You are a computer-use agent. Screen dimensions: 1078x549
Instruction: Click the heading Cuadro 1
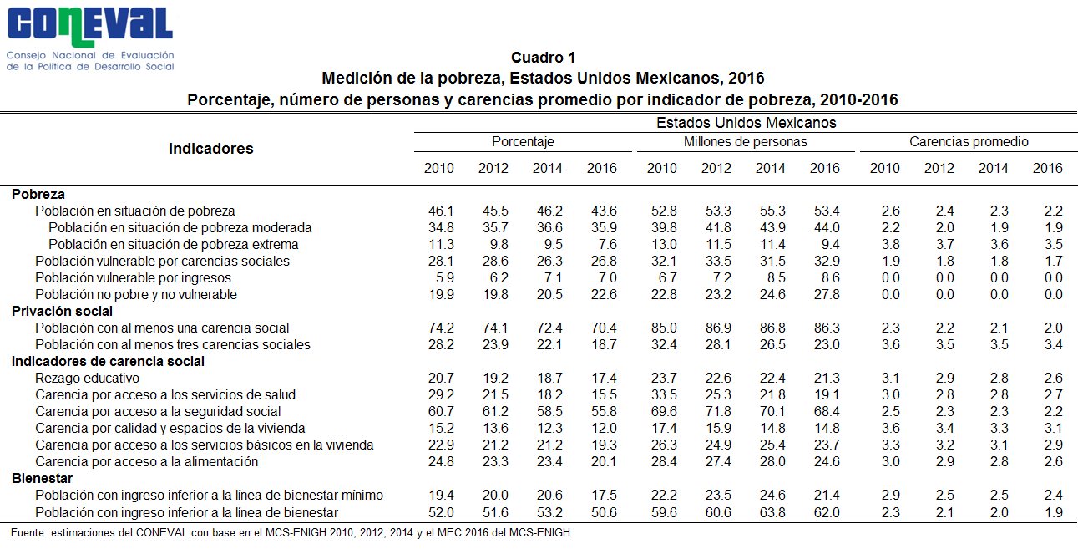[x=543, y=58]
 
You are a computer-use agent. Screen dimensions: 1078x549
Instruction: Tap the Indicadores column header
[x=210, y=149]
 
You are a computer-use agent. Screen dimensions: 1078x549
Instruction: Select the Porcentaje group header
[x=523, y=141]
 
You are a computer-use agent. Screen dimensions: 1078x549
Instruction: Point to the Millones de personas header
[x=745, y=141]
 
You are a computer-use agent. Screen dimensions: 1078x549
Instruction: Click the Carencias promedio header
[x=969, y=141]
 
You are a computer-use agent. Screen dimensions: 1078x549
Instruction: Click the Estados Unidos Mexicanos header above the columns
[x=746, y=123]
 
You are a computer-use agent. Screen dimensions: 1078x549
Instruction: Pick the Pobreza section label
[x=38, y=194]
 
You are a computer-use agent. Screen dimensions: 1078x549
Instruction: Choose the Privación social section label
[x=62, y=311]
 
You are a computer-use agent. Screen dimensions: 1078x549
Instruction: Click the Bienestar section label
[x=42, y=478]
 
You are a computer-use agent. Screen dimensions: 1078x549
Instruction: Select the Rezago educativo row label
[x=87, y=378]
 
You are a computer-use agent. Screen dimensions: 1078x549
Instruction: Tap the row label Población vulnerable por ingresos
[x=133, y=278]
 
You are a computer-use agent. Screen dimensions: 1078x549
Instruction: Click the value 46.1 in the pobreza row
[x=441, y=211]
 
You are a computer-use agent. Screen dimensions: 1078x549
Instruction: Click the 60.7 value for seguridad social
[x=441, y=411]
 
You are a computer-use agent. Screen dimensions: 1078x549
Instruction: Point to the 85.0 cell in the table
[x=664, y=328]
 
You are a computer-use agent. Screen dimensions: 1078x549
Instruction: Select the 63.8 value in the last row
[x=772, y=512]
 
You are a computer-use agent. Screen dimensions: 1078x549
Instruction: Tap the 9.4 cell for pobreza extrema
[x=830, y=244]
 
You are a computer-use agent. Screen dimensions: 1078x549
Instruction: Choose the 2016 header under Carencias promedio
[x=1047, y=168]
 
